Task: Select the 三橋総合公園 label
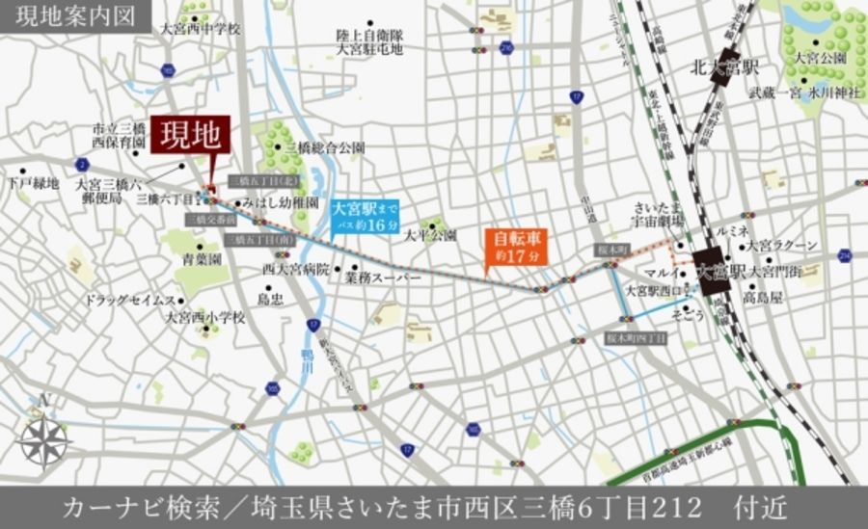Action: point(325,147)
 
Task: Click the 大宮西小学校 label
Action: point(204,316)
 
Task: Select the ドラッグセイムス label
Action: point(128,300)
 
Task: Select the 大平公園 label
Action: point(429,235)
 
